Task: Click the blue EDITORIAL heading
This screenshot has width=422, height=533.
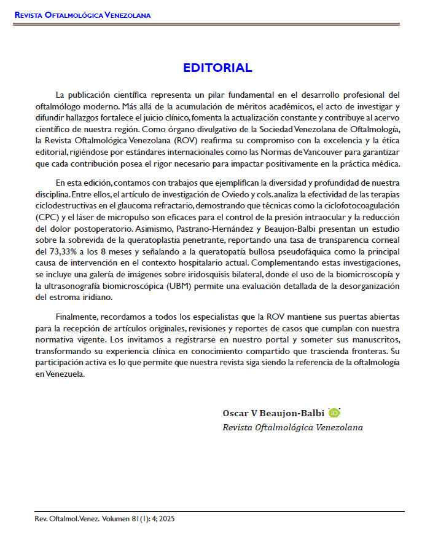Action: tap(217, 68)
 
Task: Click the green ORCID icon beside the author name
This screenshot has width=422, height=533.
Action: tap(334, 413)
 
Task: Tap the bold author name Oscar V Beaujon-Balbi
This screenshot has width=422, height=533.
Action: tap(273, 413)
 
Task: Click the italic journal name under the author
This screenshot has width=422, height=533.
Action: tap(292, 427)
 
